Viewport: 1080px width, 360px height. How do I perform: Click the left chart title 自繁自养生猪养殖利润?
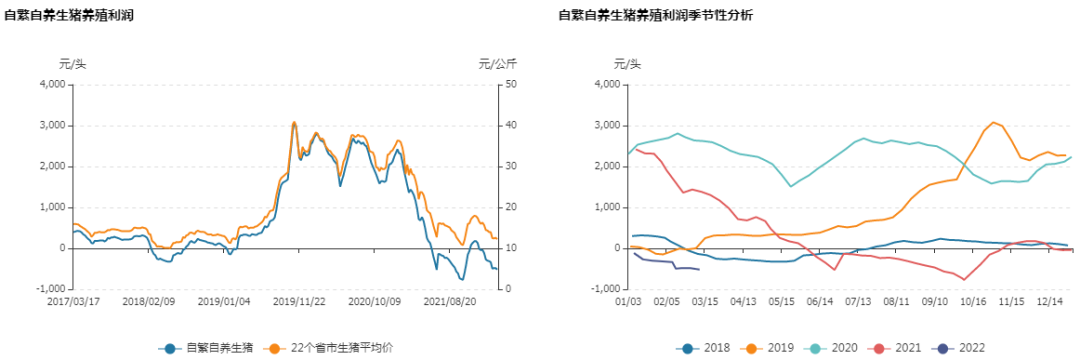[69, 16]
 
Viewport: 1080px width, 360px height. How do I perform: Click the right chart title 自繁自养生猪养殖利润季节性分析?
[656, 16]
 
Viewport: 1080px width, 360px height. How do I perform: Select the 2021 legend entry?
[896, 348]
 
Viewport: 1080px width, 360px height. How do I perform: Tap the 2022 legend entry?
[958, 348]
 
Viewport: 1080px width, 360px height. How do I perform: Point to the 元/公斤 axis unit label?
[497, 64]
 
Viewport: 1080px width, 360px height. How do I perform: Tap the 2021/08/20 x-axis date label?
[449, 300]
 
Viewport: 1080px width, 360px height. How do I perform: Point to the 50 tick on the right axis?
[510, 84]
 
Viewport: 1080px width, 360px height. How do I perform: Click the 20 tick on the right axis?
[510, 207]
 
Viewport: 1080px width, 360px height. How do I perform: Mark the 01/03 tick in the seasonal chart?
[629, 300]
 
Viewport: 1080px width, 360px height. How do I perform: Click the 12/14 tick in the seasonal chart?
[1050, 300]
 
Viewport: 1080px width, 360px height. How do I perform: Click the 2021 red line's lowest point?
[964, 279]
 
